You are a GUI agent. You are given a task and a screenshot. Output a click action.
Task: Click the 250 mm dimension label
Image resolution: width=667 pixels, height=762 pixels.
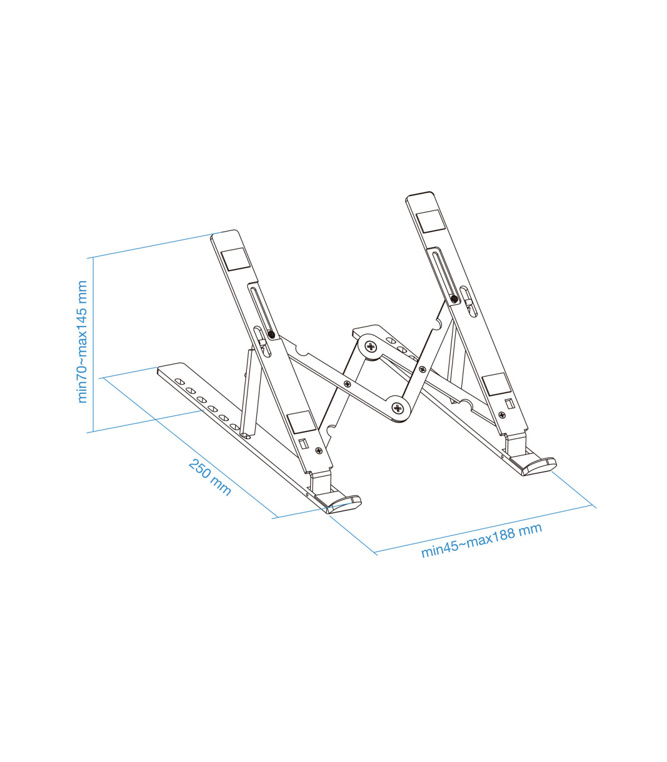pyautogui.click(x=210, y=477)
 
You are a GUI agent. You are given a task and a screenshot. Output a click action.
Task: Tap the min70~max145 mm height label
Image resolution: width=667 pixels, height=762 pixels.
pyautogui.click(x=82, y=342)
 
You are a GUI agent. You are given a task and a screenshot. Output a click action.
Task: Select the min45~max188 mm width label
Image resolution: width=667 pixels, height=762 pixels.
pyautogui.click(x=481, y=540)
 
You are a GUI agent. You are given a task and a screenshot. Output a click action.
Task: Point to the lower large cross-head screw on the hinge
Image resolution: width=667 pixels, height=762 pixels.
pyautogui.click(x=398, y=408)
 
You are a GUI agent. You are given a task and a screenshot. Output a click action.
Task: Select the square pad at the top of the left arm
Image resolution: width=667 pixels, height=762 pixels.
pyautogui.click(x=236, y=259)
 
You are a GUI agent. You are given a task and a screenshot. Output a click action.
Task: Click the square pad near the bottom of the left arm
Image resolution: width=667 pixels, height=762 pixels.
pyautogui.click(x=301, y=423)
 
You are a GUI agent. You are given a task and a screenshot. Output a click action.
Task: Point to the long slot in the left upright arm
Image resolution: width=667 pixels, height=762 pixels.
pyautogui.click(x=260, y=311)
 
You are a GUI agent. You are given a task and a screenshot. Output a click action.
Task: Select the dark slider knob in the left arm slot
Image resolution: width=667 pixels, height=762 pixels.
pyautogui.click(x=271, y=334)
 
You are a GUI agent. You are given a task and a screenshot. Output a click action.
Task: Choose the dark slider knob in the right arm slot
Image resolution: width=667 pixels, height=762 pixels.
pyautogui.click(x=455, y=299)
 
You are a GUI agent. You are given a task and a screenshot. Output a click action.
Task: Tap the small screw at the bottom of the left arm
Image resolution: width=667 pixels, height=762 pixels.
pyautogui.click(x=318, y=450)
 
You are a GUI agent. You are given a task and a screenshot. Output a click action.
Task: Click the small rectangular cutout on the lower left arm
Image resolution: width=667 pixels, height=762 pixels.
pyautogui.click(x=303, y=444)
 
